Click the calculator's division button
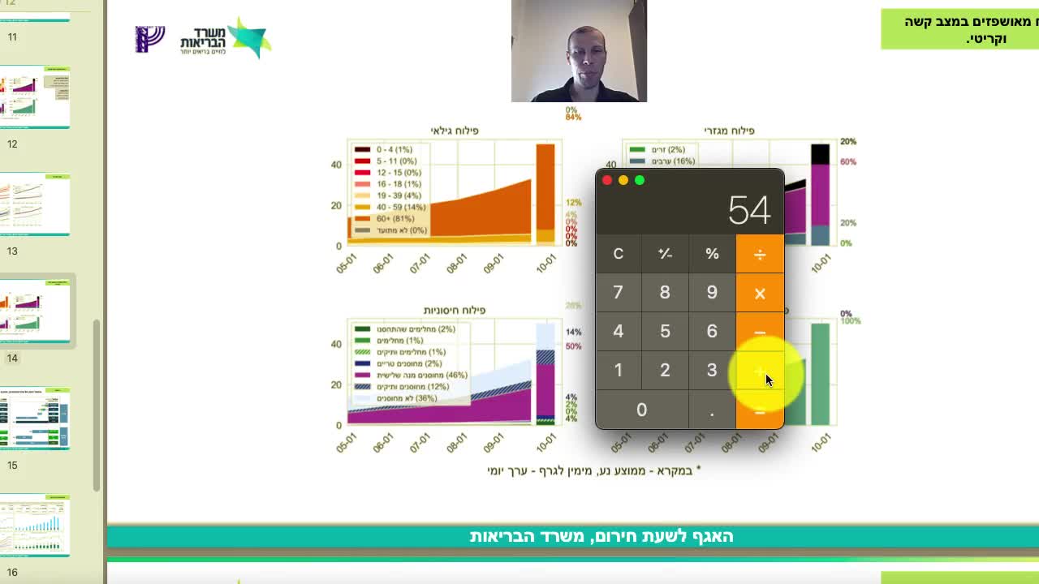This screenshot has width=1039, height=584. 760,254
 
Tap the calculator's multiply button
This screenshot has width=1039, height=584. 760,293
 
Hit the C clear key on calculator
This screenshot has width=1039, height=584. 618,254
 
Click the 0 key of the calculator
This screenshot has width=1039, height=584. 641,410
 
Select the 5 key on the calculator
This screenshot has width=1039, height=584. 665,331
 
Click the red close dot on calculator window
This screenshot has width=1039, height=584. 607,180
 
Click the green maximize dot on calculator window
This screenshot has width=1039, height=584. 640,180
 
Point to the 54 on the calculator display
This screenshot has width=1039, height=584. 748,211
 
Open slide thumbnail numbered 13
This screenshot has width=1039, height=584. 35,204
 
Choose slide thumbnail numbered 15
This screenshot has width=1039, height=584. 35,418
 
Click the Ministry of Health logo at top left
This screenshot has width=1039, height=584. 203,38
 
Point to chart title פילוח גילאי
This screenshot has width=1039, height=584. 454,131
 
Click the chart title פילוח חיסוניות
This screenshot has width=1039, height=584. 454,311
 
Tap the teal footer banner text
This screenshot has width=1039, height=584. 601,536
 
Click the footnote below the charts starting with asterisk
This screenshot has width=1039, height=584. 593,470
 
